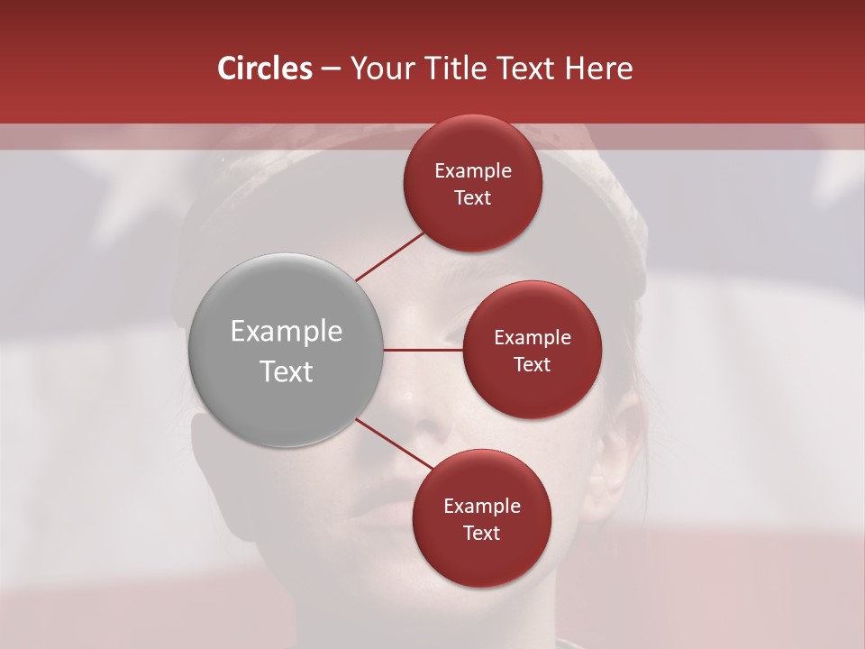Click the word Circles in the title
(264, 69)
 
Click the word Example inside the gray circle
(287, 332)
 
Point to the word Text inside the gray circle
(287, 371)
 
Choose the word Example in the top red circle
(473, 171)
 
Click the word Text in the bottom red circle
(481, 533)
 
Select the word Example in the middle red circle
(533, 338)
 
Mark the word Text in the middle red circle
(532, 364)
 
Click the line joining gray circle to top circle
(389, 257)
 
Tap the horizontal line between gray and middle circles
(423, 350)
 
